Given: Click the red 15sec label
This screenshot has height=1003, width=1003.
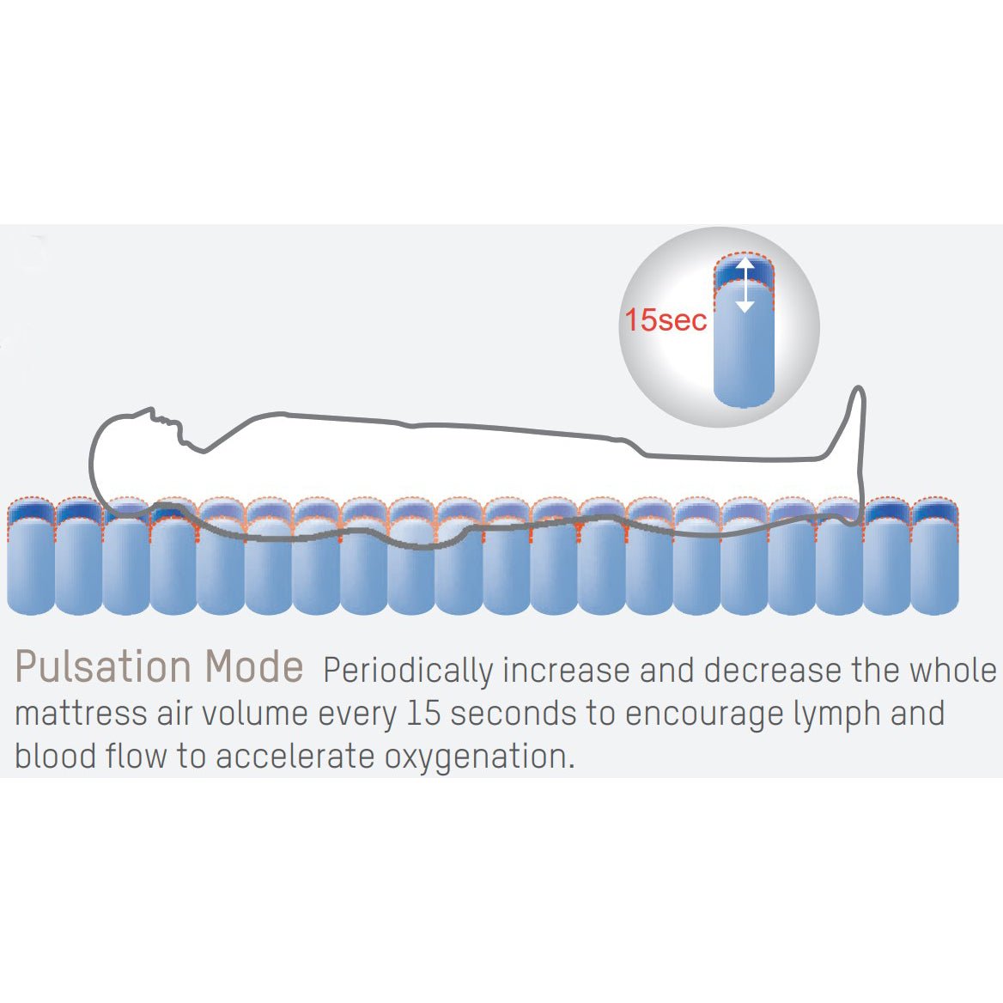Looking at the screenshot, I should pos(666,319).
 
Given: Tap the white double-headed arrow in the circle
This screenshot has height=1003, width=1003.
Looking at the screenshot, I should pos(745,285).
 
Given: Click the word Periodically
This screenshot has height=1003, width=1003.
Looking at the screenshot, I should pos(407,672).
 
